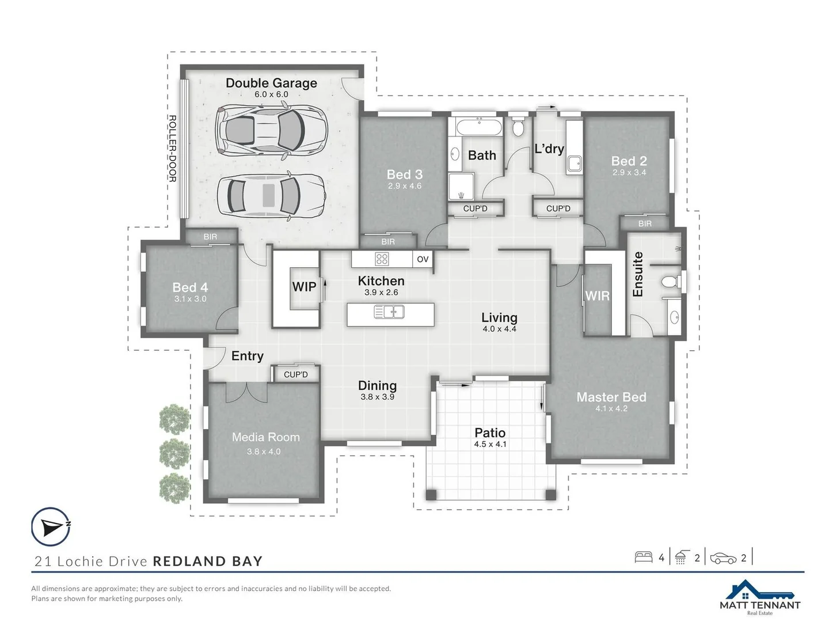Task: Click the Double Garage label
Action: (x=271, y=83)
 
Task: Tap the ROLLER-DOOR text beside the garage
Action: (x=172, y=149)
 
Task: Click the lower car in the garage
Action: (x=271, y=196)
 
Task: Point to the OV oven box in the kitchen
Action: (x=423, y=259)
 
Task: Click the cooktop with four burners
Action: (x=382, y=259)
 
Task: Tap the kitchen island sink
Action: (x=389, y=312)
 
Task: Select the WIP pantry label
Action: (x=304, y=287)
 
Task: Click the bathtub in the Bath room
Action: (x=479, y=127)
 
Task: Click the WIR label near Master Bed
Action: (x=597, y=296)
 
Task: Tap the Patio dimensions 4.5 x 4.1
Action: (x=490, y=444)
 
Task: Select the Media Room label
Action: (x=265, y=437)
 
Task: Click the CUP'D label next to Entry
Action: (x=296, y=374)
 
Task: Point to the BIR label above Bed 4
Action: (x=210, y=237)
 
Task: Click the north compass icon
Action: (x=51, y=526)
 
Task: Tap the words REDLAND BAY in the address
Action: (x=208, y=561)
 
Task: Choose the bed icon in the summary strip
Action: (x=643, y=557)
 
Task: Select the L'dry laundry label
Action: (x=549, y=149)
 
